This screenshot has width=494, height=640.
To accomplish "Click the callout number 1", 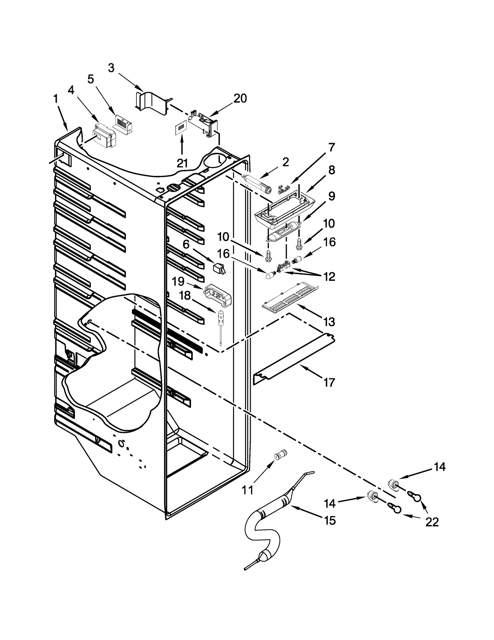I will [x=56, y=100].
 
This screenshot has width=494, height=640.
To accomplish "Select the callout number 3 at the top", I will [x=111, y=68].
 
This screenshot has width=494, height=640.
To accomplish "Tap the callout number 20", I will [x=240, y=99].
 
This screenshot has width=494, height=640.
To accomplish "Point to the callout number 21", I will [x=182, y=163].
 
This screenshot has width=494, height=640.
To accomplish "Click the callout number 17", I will [x=329, y=383].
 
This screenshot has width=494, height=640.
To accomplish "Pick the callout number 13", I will [x=329, y=322].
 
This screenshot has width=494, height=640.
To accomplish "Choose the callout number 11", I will [x=247, y=490].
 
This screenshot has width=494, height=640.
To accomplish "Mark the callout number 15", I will [x=329, y=521].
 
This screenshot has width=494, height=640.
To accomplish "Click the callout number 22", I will [x=432, y=522].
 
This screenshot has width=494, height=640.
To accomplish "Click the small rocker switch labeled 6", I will [x=219, y=268].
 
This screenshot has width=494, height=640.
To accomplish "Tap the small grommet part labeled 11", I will [x=280, y=455].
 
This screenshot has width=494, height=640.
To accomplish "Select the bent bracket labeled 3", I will [x=151, y=102].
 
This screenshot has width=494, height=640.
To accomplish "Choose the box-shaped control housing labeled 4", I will [x=104, y=136].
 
